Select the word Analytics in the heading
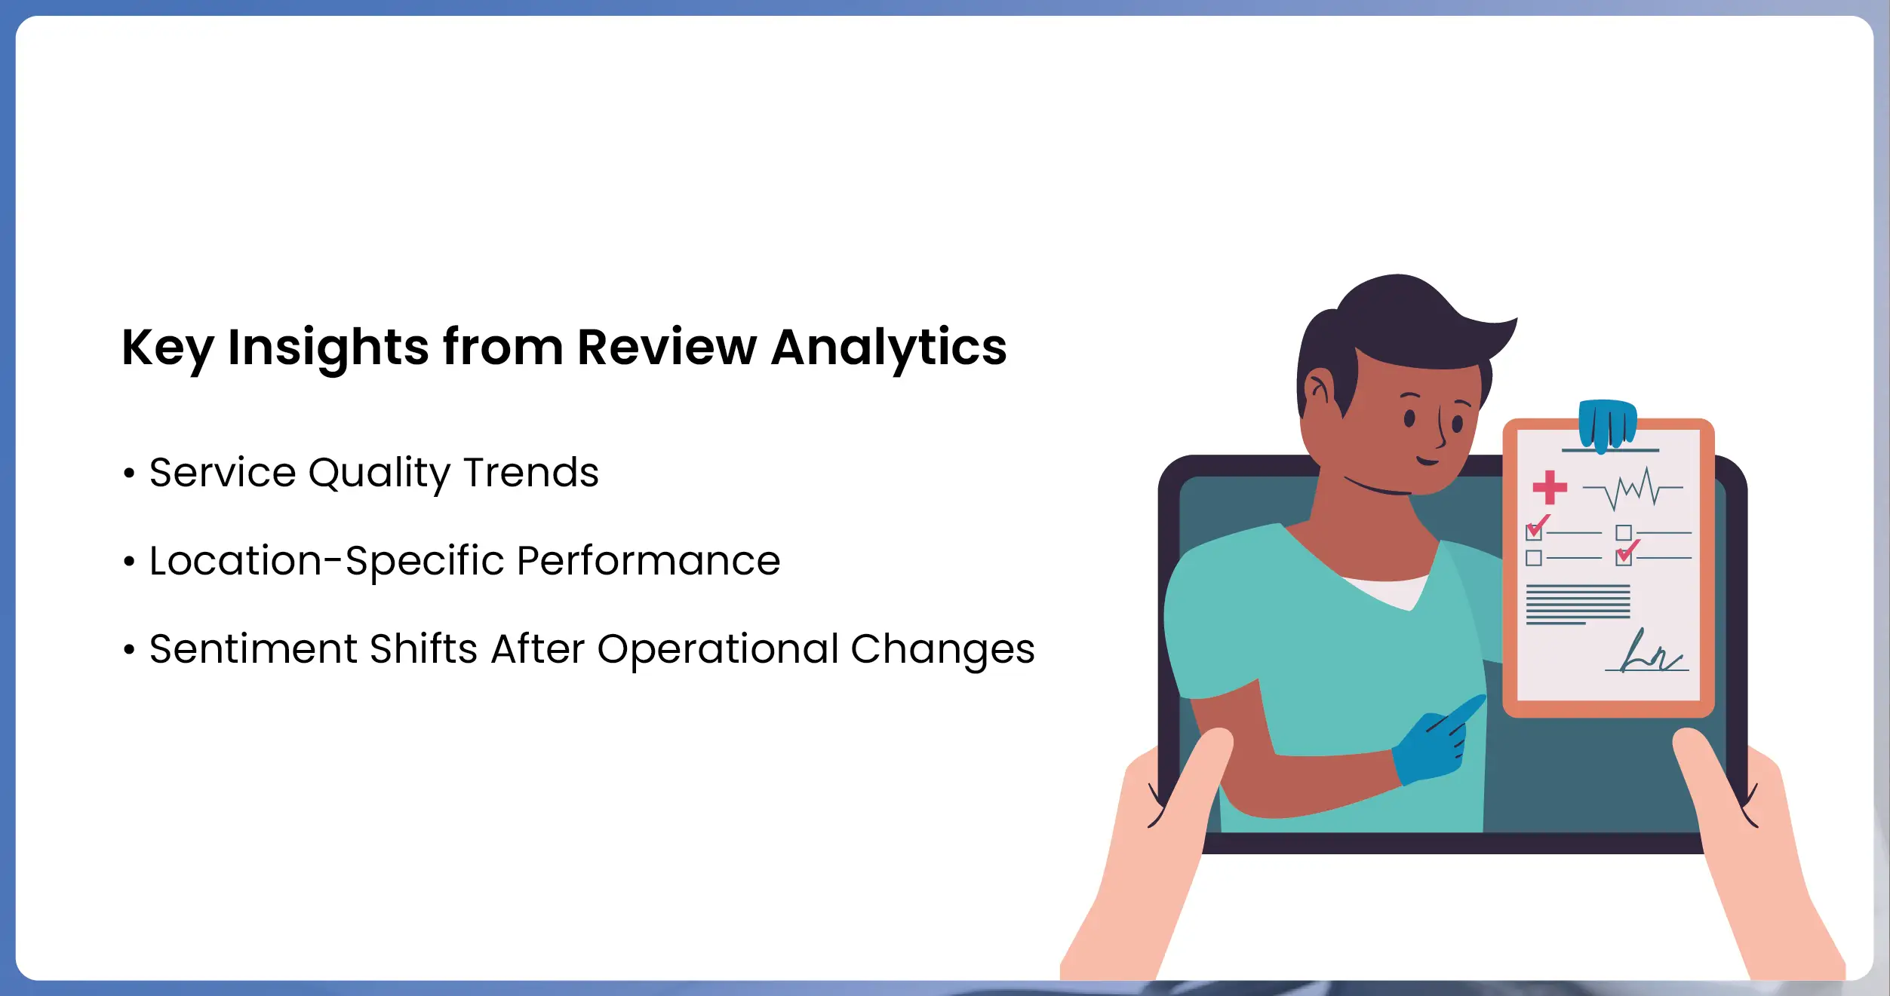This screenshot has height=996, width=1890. pos(889,349)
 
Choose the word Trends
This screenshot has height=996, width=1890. pos(531,473)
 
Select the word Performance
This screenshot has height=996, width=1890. pos(649,562)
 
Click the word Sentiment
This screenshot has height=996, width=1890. pos(254,649)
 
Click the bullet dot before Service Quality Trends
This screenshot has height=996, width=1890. pos(129,473)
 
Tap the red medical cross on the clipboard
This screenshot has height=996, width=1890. pos(1550,487)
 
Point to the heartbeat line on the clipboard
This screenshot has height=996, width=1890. pos(1633,488)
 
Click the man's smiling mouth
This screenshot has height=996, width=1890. pos(1427,460)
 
